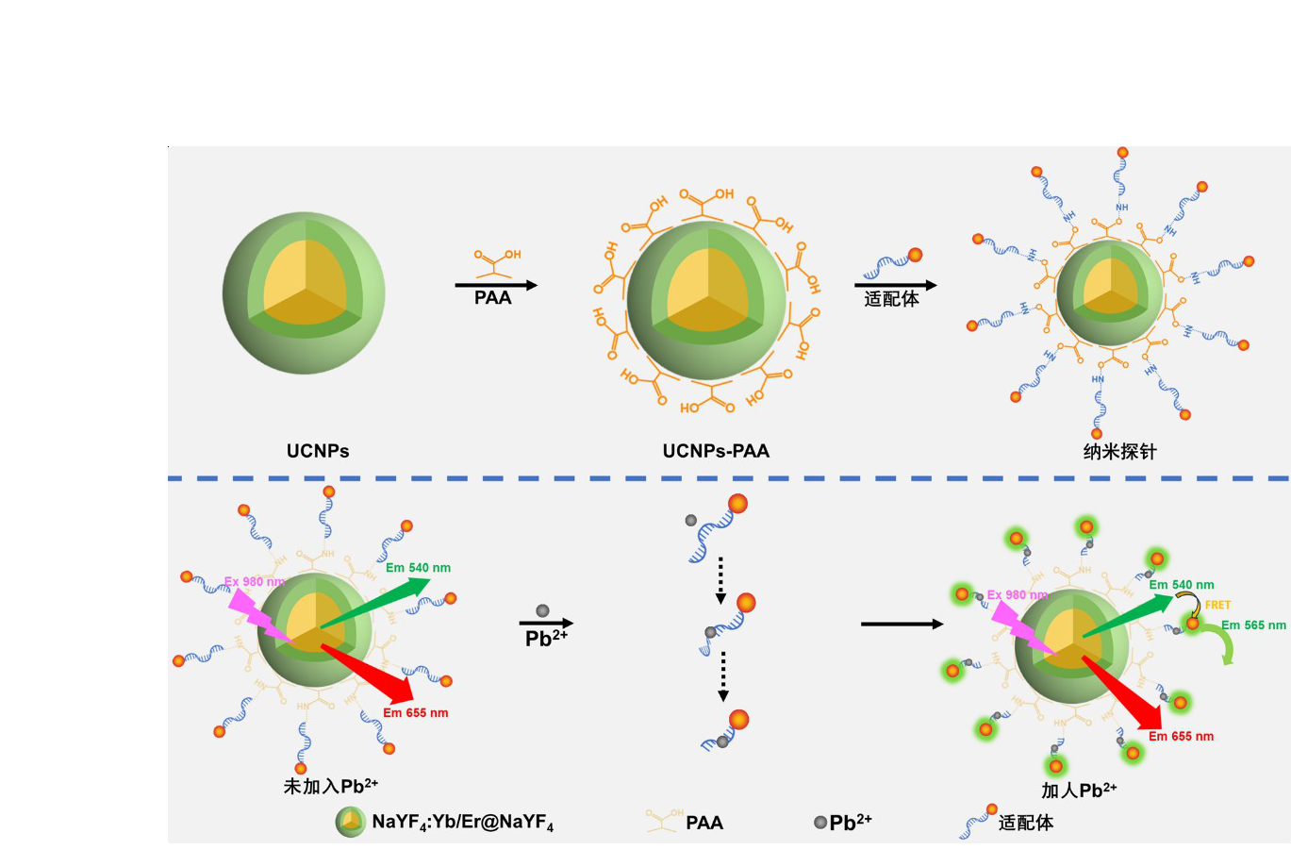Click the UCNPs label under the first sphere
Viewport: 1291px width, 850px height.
click(x=318, y=451)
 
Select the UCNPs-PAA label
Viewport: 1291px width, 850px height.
click(x=716, y=451)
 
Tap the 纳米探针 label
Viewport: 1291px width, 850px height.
click(x=1119, y=452)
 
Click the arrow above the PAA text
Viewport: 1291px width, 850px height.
click(x=496, y=285)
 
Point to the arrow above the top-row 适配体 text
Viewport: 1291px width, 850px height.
click(x=896, y=285)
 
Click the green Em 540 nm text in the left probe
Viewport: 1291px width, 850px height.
click(x=418, y=568)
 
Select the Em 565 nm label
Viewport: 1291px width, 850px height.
click(x=1253, y=625)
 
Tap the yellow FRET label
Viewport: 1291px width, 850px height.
click(x=1217, y=605)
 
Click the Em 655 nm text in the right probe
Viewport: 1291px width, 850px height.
click(x=1181, y=736)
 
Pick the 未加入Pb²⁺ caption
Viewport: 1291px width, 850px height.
click(x=331, y=786)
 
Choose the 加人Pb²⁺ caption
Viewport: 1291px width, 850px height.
click(x=1079, y=791)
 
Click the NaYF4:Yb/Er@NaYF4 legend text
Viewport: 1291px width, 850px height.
click(x=462, y=823)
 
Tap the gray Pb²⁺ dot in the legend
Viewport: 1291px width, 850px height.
click(x=819, y=823)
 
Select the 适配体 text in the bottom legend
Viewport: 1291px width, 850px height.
click(x=1026, y=823)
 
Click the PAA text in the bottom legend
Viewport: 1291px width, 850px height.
click(x=704, y=823)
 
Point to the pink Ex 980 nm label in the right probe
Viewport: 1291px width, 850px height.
click(x=1018, y=595)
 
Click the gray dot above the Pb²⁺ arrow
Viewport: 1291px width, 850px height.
click(x=542, y=611)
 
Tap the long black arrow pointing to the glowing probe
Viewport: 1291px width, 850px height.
click(x=902, y=624)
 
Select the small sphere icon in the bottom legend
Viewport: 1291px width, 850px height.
click(x=351, y=822)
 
